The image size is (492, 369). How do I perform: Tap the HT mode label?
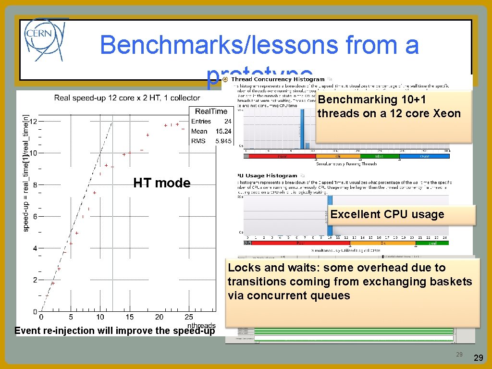(x=162, y=183)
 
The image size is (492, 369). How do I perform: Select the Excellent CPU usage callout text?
(x=387, y=214)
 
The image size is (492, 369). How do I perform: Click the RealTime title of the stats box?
(x=211, y=111)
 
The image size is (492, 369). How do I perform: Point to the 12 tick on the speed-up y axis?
(x=34, y=121)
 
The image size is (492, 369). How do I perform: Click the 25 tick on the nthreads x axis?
(x=189, y=317)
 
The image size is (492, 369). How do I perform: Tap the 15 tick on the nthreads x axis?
(x=130, y=317)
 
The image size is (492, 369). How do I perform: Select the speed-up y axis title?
(x=26, y=173)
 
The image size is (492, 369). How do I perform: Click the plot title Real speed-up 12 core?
(x=127, y=98)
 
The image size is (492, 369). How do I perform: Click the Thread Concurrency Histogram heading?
(x=278, y=79)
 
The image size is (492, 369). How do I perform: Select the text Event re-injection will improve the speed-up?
(x=115, y=331)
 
